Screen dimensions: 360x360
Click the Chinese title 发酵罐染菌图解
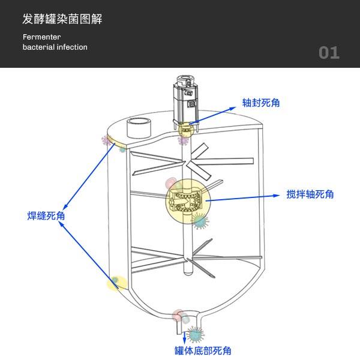point(62,19)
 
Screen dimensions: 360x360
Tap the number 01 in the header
point(329,53)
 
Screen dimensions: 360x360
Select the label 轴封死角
point(261,103)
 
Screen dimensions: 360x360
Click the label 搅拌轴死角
point(310,194)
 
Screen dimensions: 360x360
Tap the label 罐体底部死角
point(203,350)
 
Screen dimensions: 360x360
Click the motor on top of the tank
point(186,99)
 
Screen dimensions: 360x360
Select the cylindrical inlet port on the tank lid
point(139,128)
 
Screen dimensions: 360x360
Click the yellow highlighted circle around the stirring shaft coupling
point(186,202)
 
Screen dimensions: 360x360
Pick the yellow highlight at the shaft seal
point(185,129)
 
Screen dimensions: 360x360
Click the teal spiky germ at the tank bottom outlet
point(195,334)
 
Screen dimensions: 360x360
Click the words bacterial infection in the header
point(55,47)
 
